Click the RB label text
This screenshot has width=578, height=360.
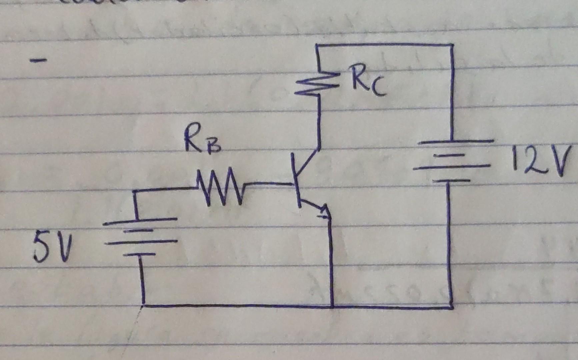202,142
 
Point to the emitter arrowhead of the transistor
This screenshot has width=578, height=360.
325,213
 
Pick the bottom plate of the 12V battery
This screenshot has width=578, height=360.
452,181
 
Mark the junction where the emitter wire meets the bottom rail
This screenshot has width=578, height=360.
332,306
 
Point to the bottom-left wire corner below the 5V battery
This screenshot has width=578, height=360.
144,304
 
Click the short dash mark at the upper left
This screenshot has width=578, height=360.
38,61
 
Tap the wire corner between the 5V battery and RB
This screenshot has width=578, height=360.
135,191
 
